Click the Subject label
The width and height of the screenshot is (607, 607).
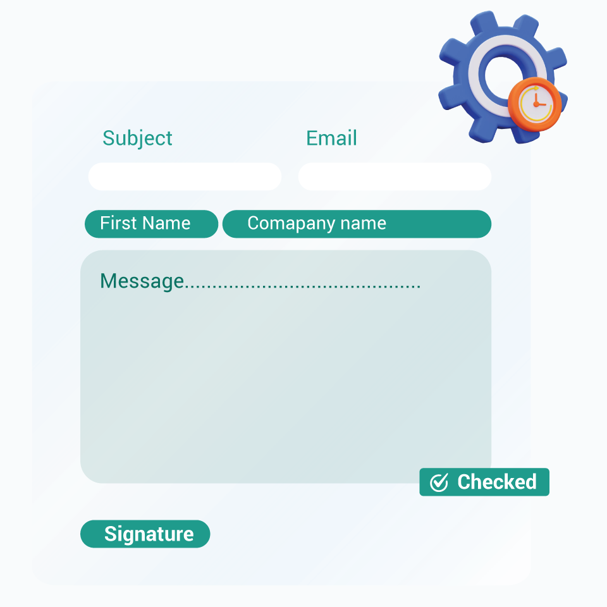[x=137, y=138]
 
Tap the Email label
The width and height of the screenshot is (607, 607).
[x=331, y=138]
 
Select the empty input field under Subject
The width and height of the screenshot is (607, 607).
[x=185, y=176]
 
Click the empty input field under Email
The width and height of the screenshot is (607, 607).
[x=395, y=176]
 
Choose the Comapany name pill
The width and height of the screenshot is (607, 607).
[x=357, y=224]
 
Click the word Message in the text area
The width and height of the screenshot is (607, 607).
[x=142, y=281]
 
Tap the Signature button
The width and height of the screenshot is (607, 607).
[x=145, y=534]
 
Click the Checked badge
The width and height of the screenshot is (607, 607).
[x=484, y=482]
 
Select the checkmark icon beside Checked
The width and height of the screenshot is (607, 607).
[x=439, y=482]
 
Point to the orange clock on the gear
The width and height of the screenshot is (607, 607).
[x=535, y=104]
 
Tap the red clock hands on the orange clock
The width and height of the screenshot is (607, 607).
[x=538, y=101]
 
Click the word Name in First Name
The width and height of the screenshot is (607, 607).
[x=166, y=223]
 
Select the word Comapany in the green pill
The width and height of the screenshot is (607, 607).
[x=291, y=224]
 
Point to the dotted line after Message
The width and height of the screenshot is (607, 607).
[x=302, y=286]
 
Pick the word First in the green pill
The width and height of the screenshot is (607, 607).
[x=118, y=223]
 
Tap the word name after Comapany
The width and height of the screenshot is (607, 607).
[x=363, y=224]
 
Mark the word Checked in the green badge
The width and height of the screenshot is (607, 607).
[x=497, y=482]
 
